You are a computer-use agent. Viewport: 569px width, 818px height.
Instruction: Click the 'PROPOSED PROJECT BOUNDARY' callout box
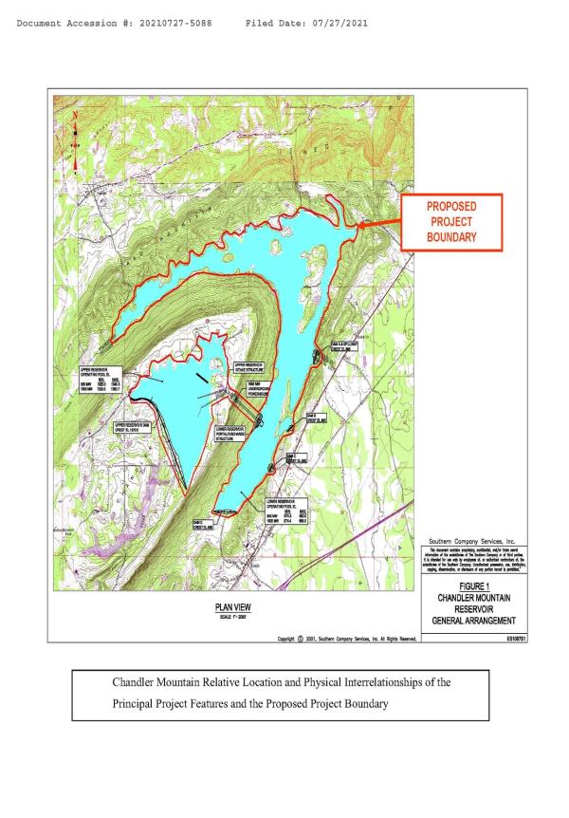tap(450, 222)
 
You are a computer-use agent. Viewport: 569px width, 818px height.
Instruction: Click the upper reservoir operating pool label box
tap(95, 375)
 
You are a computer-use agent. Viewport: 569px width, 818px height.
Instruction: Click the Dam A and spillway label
tap(345, 346)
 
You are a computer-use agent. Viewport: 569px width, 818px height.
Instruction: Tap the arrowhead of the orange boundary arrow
tap(359, 225)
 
